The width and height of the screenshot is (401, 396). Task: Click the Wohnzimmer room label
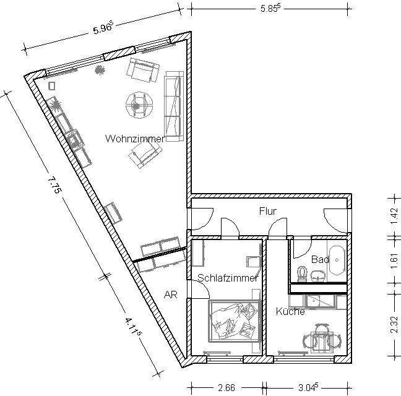click(x=135, y=139)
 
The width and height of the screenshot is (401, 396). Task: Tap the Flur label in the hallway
click(x=268, y=211)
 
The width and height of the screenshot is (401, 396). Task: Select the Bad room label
click(x=320, y=259)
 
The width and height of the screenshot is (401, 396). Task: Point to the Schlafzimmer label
click(x=228, y=278)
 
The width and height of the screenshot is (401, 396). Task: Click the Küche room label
click(x=290, y=311)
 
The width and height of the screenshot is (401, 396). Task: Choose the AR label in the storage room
click(x=171, y=295)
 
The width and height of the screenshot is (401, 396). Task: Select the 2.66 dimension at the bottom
click(x=226, y=388)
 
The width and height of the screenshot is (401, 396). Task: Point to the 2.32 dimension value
click(x=395, y=325)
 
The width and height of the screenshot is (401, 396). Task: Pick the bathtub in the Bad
click(x=337, y=260)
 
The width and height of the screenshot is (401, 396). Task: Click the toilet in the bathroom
click(x=302, y=274)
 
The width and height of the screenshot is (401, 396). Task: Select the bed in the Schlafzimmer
click(x=235, y=321)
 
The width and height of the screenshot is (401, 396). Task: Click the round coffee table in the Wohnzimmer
click(x=139, y=105)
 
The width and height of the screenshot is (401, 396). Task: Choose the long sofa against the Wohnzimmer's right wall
click(x=174, y=106)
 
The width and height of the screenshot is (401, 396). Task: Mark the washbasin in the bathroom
click(x=318, y=276)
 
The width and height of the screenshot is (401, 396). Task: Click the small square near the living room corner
click(x=52, y=86)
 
